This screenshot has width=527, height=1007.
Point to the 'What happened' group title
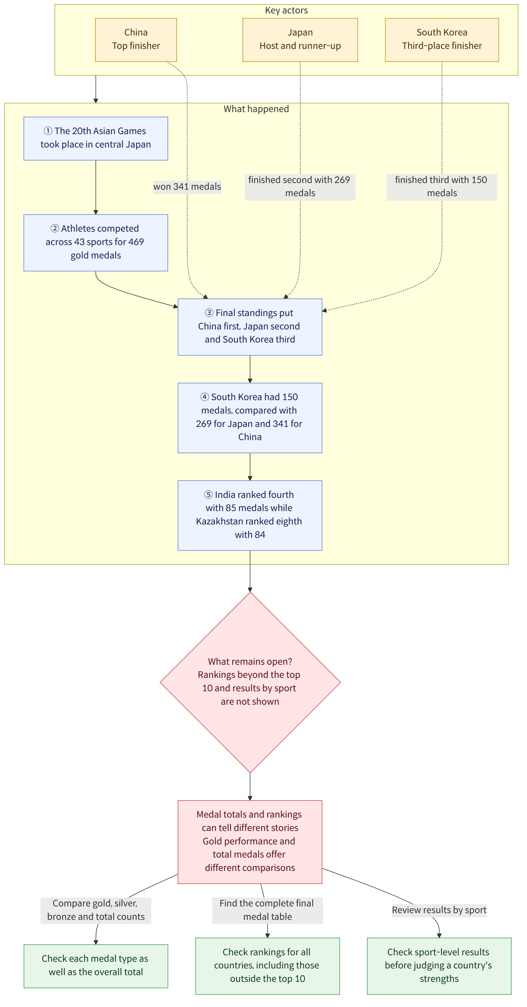pyautogui.click(x=256, y=109)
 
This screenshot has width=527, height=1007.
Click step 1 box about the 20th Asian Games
pyautogui.click(x=96, y=138)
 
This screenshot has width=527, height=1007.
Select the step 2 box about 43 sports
pyautogui.click(x=96, y=242)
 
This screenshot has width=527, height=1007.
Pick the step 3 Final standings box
pyautogui.click(x=250, y=327)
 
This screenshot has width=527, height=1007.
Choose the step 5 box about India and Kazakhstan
pyautogui.click(x=250, y=515)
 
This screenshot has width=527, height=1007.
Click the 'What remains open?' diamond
pyautogui.click(x=250, y=682)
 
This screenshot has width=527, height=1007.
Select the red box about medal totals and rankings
pyautogui.click(x=250, y=842)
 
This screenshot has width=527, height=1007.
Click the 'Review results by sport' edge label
pyautogui.click(x=439, y=910)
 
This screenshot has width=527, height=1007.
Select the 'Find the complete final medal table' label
pyautogui.click(x=268, y=910)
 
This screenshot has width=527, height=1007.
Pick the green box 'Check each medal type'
pyautogui.click(x=96, y=966)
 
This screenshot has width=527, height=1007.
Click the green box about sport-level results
pyautogui.click(x=439, y=966)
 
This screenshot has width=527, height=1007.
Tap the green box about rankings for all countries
pyautogui.click(x=268, y=966)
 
